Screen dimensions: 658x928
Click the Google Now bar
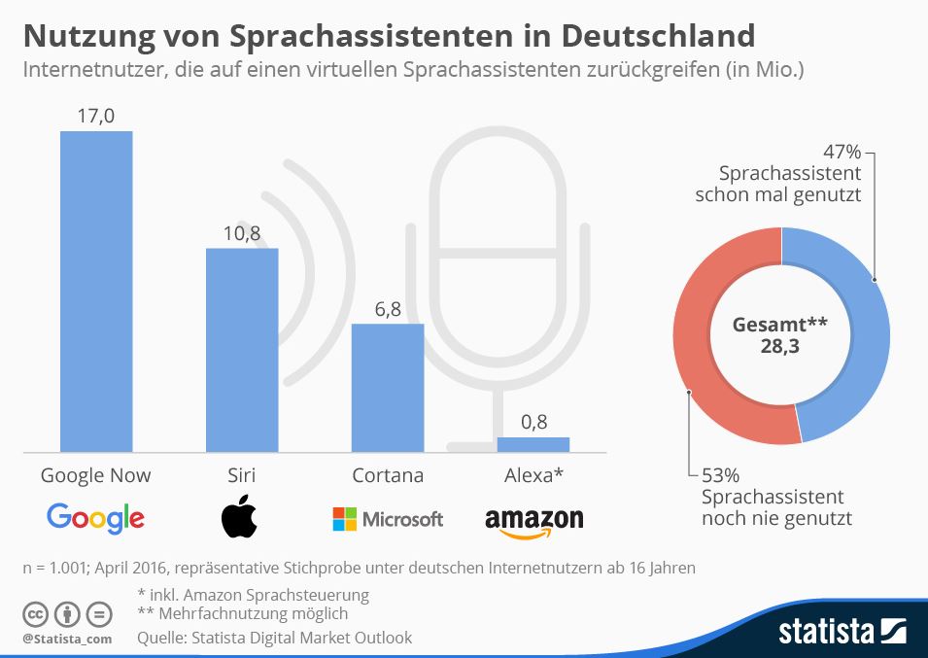tap(96, 291)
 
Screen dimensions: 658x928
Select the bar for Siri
tap(242, 350)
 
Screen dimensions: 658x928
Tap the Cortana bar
tap(387, 387)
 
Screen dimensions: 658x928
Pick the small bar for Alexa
tap(533, 444)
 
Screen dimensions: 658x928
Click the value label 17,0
tap(96, 116)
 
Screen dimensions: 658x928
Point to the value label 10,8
tap(242, 233)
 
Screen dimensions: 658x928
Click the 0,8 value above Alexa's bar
tap(533, 422)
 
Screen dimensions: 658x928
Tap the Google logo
tap(95, 518)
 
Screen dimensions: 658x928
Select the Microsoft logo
tap(387, 519)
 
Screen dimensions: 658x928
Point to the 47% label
tap(842, 153)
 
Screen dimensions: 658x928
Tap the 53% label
tap(720, 475)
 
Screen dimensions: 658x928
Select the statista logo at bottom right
tap(842, 632)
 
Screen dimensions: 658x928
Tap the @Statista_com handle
tap(67, 639)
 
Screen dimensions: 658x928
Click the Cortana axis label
tap(387, 475)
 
